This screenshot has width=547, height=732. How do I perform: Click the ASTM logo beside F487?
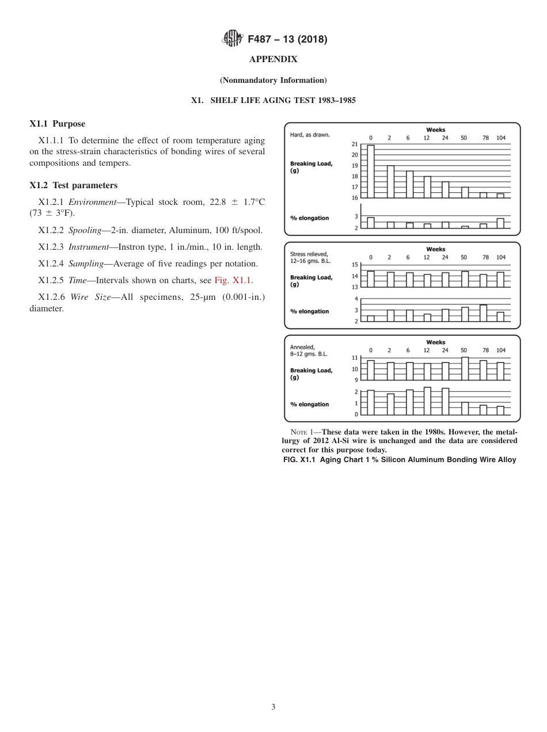pyautogui.click(x=233, y=39)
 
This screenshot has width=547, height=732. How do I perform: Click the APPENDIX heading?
pyautogui.click(x=273, y=59)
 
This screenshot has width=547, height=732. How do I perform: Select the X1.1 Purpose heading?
pyautogui.click(x=57, y=124)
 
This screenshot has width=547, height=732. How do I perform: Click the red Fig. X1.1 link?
pyautogui.click(x=233, y=281)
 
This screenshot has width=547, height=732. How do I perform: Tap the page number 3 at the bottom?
pyautogui.click(x=273, y=707)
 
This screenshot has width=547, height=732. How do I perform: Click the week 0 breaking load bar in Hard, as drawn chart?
pyautogui.click(x=371, y=171)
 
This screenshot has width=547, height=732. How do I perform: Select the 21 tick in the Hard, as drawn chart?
pyautogui.click(x=354, y=144)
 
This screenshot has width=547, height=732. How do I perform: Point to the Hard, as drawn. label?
pyautogui.click(x=310, y=135)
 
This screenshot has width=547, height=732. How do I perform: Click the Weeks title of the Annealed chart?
pyautogui.click(x=435, y=342)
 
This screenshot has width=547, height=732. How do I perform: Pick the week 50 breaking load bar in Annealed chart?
pyautogui.click(x=465, y=369)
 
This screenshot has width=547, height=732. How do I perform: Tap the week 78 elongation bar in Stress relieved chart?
pyautogui.click(x=484, y=313)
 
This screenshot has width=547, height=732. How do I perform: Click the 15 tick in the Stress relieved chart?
pyautogui.click(x=355, y=265)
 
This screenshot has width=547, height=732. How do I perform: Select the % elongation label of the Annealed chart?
pyautogui.click(x=309, y=405)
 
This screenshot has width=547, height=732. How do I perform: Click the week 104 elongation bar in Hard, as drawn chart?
pyautogui.click(x=500, y=223)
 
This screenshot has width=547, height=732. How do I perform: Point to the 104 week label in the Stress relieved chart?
pyautogui.click(x=501, y=257)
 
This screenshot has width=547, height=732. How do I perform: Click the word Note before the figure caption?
pyautogui.click(x=299, y=432)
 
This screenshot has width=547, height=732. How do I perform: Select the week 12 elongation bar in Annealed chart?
pyautogui.click(x=427, y=401)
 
